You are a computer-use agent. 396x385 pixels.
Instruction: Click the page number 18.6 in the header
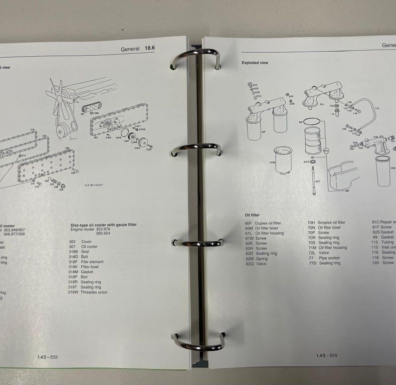point(150,48)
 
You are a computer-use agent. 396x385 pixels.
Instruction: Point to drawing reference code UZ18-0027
point(94,185)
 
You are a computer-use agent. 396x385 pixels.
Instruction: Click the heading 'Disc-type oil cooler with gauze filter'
point(103,225)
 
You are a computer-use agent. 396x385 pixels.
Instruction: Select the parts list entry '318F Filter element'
point(86,262)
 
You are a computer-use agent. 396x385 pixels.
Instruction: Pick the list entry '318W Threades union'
point(88,292)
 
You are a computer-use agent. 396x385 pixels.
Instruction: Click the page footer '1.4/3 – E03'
point(326,355)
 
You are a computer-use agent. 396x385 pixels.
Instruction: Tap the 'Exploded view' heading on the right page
point(255,63)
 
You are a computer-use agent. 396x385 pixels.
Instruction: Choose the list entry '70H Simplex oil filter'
point(326,223)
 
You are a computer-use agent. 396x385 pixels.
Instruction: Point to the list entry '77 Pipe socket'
point(324,258)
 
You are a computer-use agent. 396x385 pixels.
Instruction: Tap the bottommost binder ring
point(199,342)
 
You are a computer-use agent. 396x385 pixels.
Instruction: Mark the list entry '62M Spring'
point(256,258)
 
